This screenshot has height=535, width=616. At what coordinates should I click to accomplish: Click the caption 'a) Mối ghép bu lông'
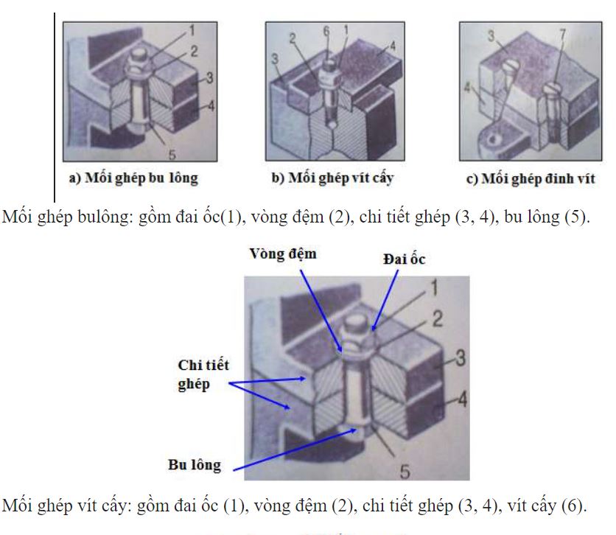133,178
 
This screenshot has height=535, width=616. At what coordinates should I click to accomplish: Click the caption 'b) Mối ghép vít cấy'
340,178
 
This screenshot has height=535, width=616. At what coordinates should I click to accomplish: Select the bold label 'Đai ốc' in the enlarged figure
404,259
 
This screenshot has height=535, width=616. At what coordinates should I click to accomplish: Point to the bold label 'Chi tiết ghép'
203,375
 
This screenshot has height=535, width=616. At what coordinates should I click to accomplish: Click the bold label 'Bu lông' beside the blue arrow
194,464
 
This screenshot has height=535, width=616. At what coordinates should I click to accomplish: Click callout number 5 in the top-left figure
171,154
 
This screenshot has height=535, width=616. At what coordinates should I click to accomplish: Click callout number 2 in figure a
194,52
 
